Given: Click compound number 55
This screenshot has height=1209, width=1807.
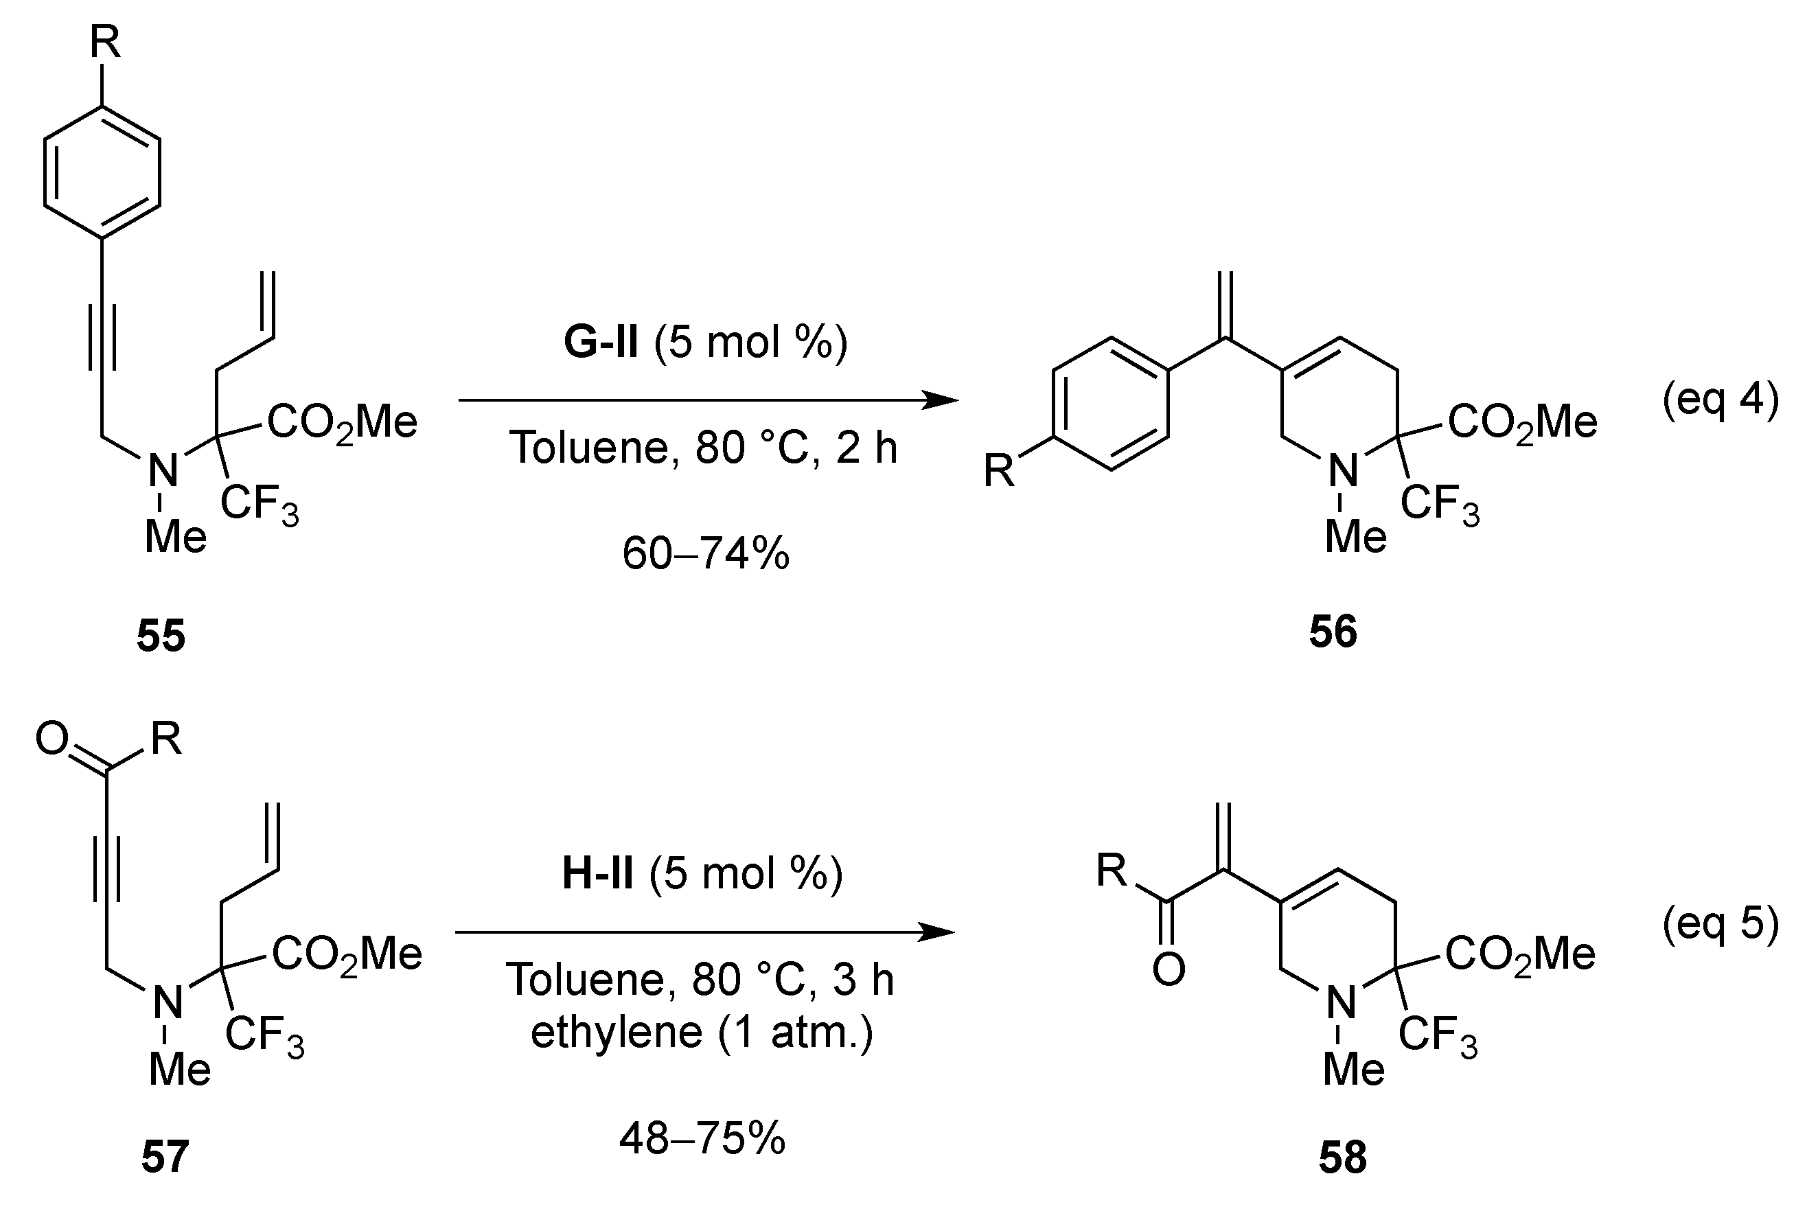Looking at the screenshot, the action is pos(161,636).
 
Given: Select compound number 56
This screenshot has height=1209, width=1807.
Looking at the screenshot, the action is pos(1333,632).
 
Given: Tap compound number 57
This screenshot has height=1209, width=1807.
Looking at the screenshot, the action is pos(164,1158).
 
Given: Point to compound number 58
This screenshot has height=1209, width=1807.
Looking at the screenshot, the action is pos(1343,1158).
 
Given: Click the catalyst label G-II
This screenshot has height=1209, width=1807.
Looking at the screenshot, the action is pos(601,343).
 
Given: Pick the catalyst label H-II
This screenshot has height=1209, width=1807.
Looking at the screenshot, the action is pos(597,873).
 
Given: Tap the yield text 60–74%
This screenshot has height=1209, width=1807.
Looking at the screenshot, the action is pos(705,553).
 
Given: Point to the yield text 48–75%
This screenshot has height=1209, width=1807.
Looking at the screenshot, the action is pos(702,1138).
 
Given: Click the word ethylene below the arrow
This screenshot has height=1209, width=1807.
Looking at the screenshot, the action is pos(616,1033).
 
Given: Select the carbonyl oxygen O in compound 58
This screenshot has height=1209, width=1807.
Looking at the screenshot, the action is pos(1169,969).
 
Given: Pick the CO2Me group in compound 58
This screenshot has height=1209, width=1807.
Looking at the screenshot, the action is pos(1519,954).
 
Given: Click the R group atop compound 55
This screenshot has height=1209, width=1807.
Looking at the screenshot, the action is pos(105,43).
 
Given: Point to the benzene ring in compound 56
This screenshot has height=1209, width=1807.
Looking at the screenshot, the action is pos(1111,403).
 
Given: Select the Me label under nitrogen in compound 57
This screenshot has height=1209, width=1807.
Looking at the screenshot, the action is pos(180,1070).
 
